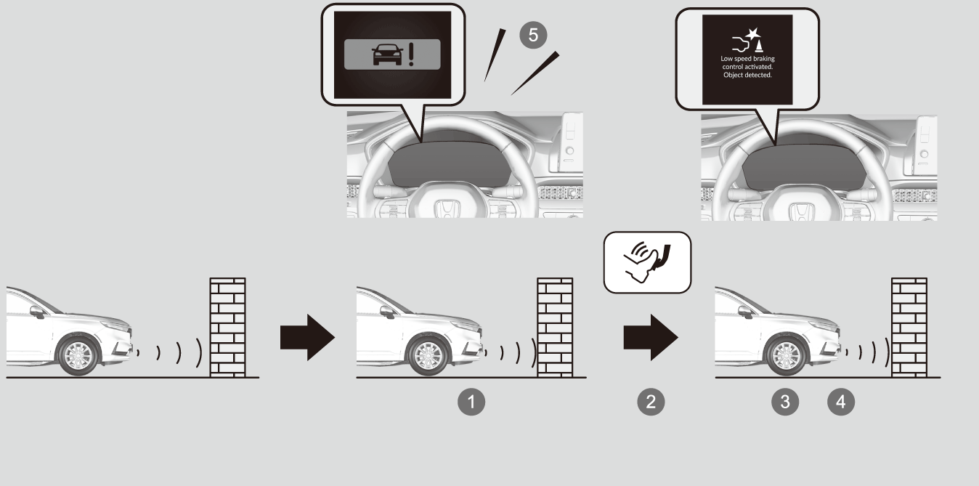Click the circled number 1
[471, 402]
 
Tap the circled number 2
[651, 402]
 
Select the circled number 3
[785, 402]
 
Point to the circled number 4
[841, 402]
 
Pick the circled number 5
[533, 35]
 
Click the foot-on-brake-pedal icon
[647, 262]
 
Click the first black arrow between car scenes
[308, 337]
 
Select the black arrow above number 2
[651, 337]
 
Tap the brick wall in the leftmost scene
[228, 328]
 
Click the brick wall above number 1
[555, 328]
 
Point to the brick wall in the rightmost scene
[909, 328]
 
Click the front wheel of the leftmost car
[78, 356]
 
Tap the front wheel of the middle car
[428, 356]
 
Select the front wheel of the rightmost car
[787, 356]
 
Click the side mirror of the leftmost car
[37, 312]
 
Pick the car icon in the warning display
[387, 54]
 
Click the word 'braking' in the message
[764, 59]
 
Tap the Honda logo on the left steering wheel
[447, 209]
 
